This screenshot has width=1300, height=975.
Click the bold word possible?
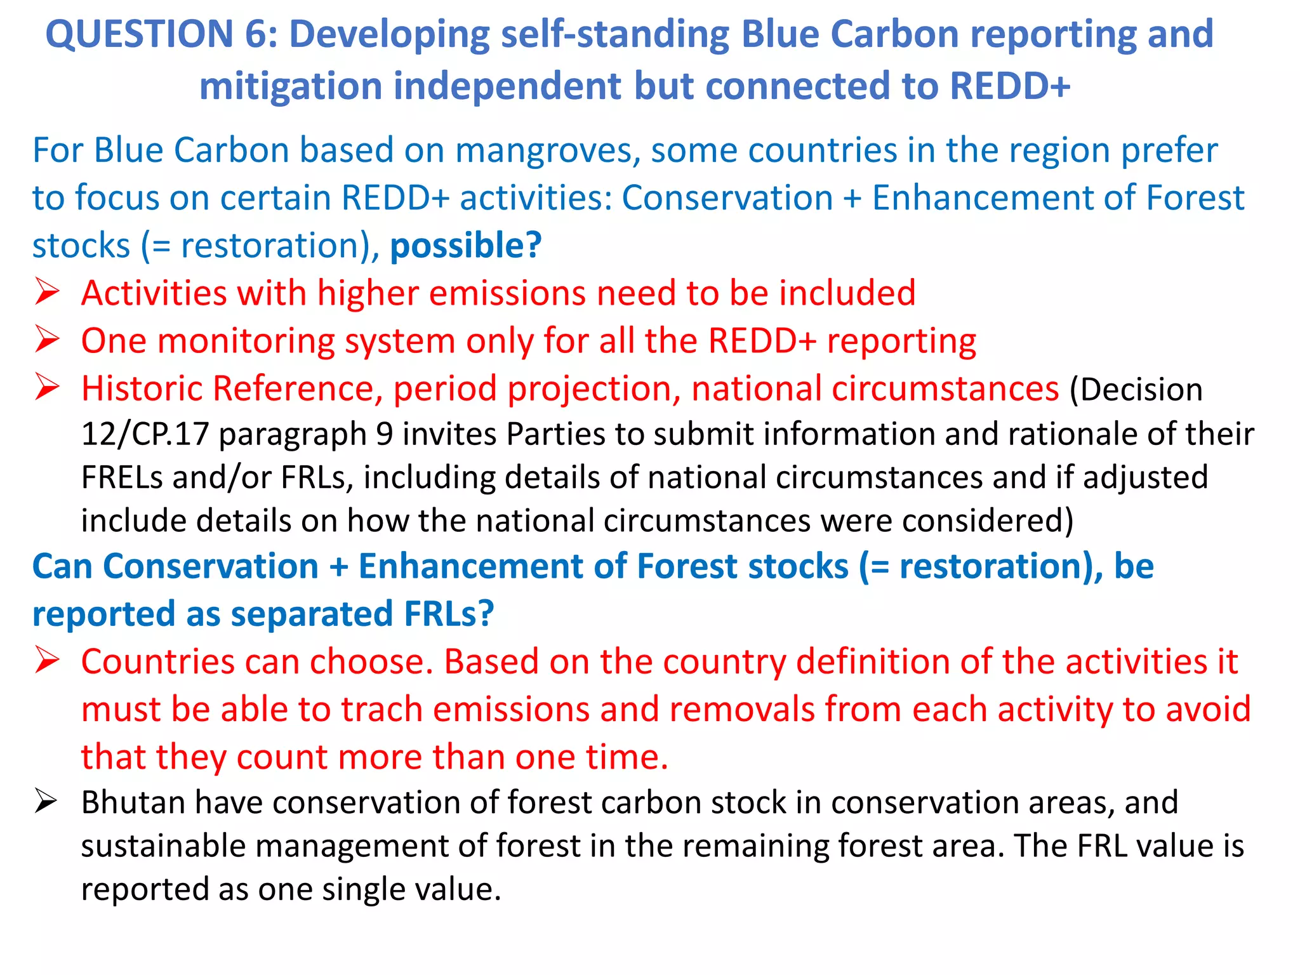click(466, 246)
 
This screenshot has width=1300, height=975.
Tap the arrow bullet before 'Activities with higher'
click(48, 293)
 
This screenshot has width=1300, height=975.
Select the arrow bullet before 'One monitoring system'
click(48, 340)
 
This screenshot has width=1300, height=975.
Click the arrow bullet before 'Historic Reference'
click(48, 388)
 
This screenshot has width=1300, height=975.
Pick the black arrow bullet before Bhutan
click(48, 802)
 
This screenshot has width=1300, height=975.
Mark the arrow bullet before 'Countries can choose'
click(48, 661)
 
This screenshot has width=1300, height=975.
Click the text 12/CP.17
click(145, 435)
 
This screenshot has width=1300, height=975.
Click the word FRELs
click(122, 478)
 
